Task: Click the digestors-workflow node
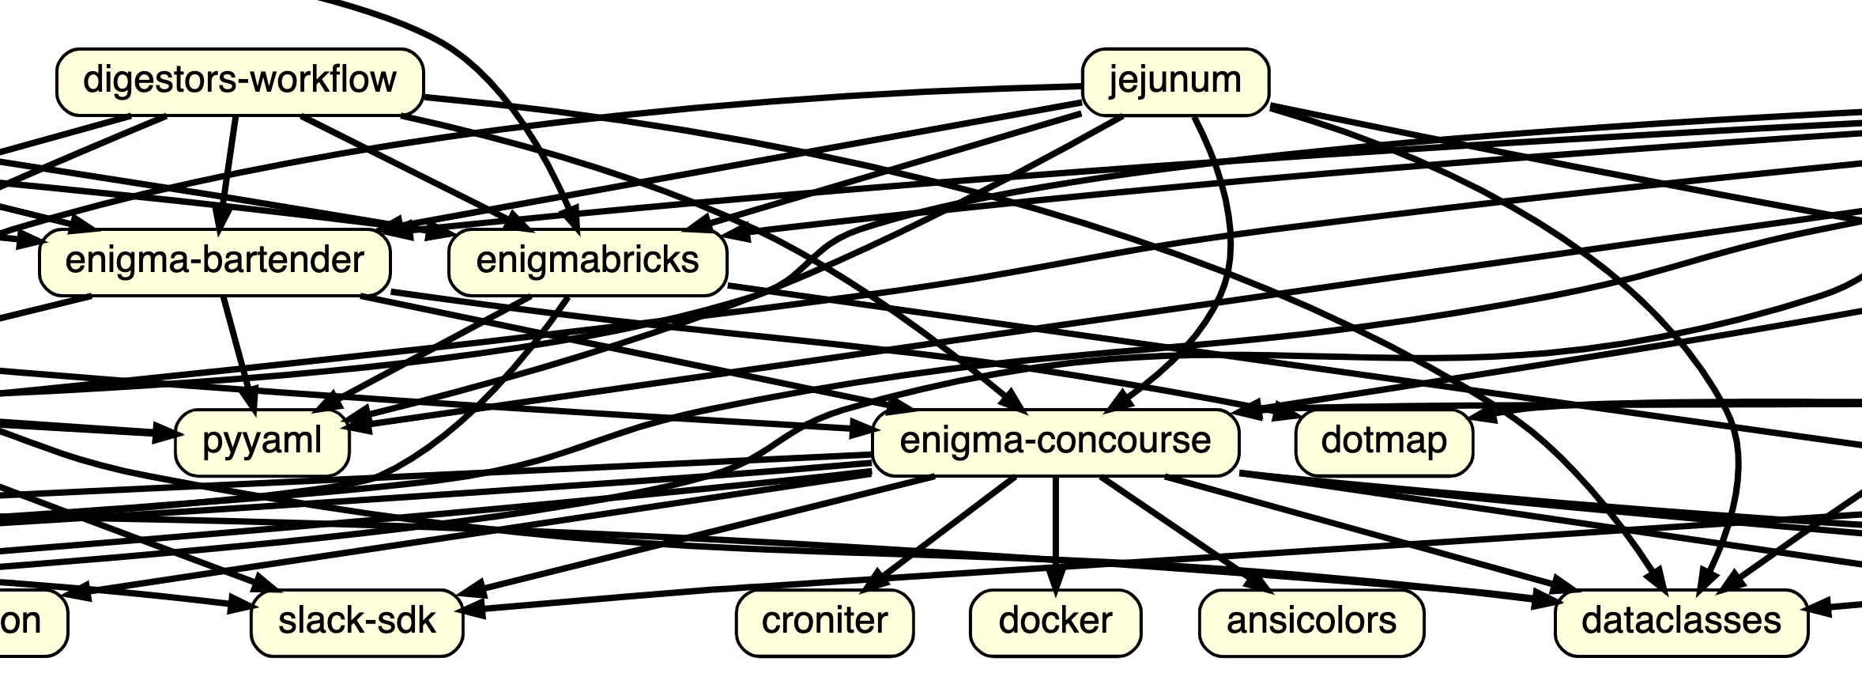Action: [239, 81]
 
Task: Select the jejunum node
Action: [1174, 81]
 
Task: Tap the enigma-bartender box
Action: [214, 261]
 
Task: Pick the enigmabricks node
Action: [587, 261]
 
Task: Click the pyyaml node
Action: [262, 441]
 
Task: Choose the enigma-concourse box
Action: [1054, 441]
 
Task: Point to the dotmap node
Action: [1383, 441]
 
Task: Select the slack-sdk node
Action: [356, 622]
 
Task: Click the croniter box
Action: [824, 622]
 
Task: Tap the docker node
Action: [1054, 622]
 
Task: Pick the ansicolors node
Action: [1310, 622]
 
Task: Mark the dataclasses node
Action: [1680, 622]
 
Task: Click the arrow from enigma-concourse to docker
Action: [1055, 530]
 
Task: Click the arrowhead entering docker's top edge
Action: [1055, 580]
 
